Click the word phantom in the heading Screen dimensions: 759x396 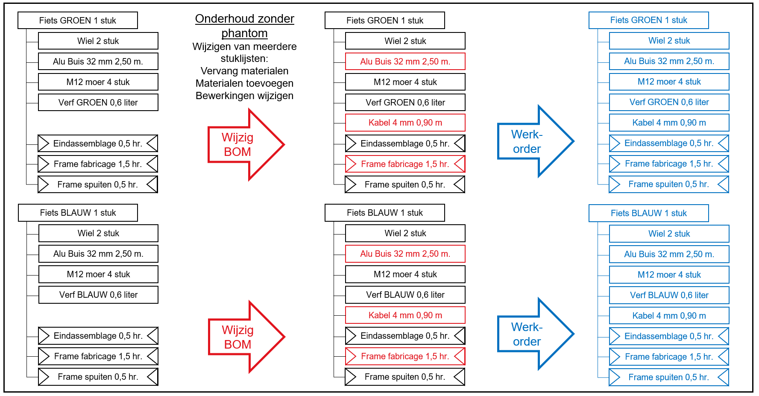244,33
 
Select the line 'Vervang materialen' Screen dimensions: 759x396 244,71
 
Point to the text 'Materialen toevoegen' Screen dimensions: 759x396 244,83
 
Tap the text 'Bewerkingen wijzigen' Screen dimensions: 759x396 244,96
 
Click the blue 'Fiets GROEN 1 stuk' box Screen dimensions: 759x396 648,20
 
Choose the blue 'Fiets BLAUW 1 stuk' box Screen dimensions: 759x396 648,213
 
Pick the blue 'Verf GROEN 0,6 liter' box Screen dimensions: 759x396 669,102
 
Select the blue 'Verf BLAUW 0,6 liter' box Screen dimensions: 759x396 669,295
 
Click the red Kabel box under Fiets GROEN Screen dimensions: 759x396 405,123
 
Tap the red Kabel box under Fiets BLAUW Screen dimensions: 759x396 405,315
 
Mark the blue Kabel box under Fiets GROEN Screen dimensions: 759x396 669,123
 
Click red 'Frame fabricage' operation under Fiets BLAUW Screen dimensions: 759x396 405,356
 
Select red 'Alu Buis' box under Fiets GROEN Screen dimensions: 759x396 405,62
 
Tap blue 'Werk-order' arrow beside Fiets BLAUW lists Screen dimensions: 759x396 536,334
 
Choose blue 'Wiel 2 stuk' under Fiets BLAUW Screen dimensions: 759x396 669,234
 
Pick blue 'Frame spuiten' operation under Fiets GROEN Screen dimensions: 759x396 669,184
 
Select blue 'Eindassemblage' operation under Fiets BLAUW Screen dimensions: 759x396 669,336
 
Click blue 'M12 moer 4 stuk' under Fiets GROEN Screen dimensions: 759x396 669,82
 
